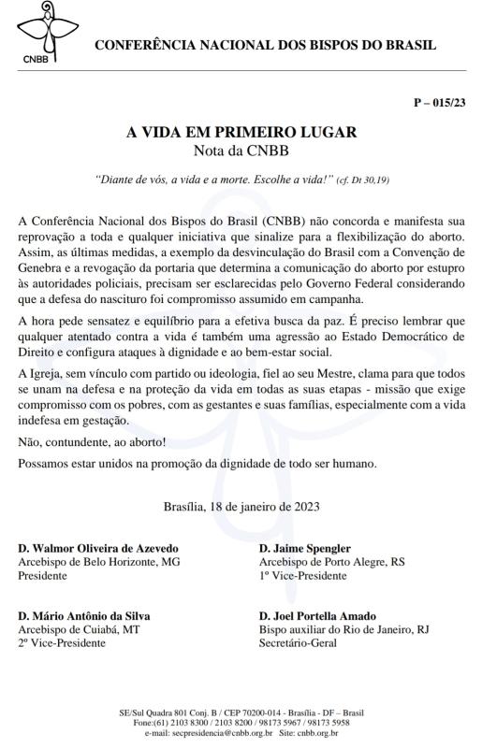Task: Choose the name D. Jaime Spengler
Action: [x=305, y=548]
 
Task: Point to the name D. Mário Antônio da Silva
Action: [x=84, y=616]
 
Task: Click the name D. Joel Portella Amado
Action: [x=319, y=616]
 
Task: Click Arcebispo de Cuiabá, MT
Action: [x=79, y=631]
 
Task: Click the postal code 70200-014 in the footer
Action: [x=240, y=713]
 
